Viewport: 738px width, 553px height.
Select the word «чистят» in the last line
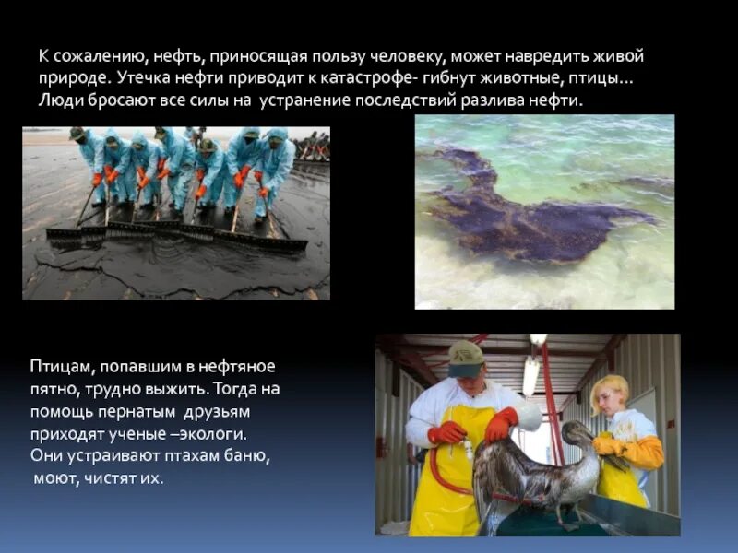[x=104, y=477]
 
